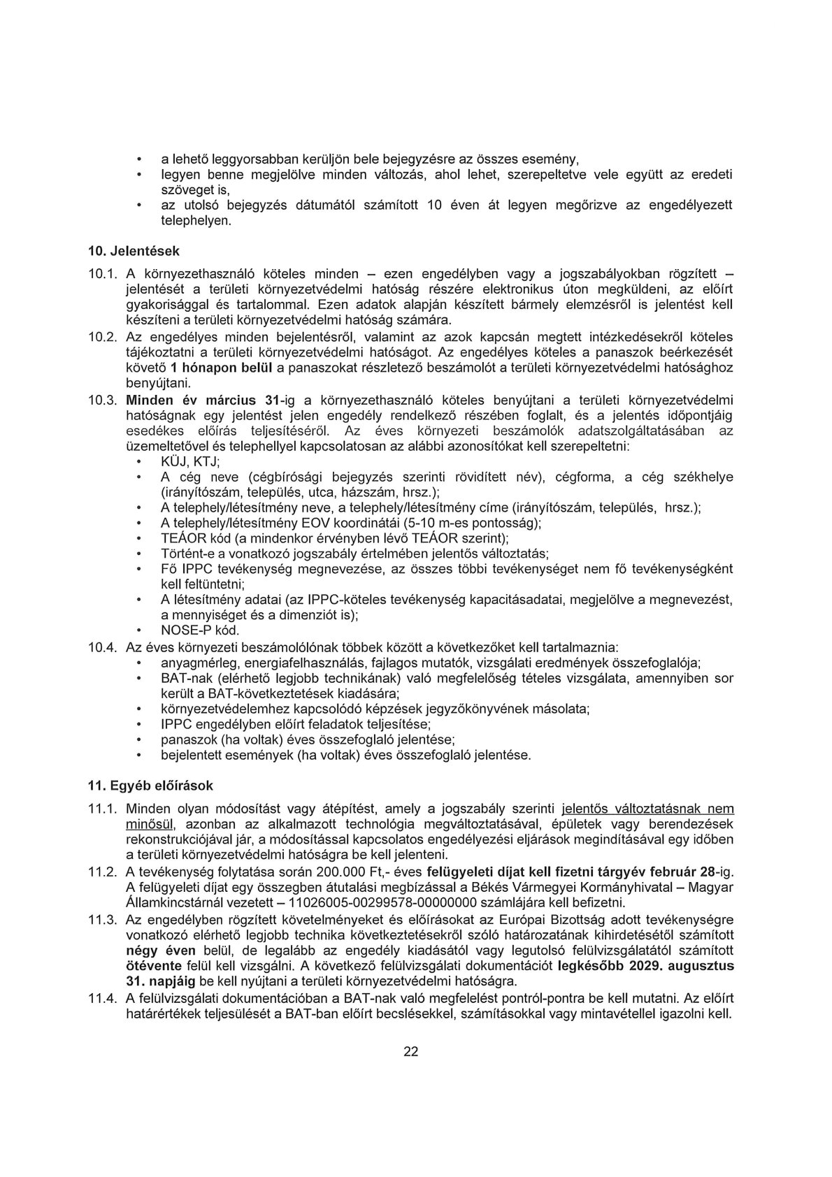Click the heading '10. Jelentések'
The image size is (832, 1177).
click(x=133, y=250)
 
